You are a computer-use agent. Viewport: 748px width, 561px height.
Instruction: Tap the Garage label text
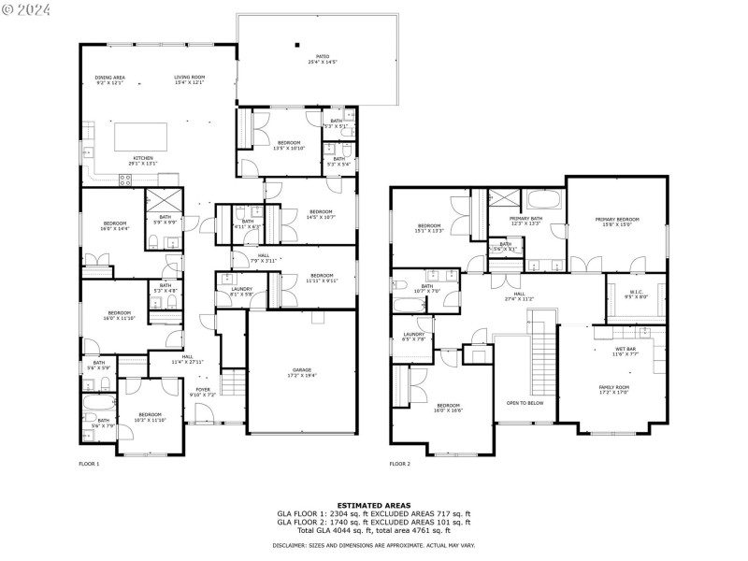coord(301,371)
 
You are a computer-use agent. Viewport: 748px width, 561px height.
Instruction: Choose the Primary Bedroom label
coord(617,222)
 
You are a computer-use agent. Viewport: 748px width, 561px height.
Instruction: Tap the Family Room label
coord(614,389)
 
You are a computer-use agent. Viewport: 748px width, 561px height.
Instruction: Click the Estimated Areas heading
coord(373,505)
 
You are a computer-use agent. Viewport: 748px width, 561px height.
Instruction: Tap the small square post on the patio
coord(297,43)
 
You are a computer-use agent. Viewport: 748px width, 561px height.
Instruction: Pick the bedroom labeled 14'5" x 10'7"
coord(321,214)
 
